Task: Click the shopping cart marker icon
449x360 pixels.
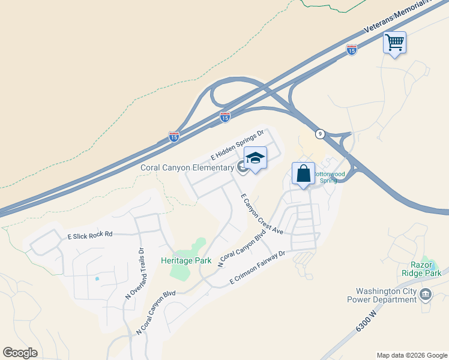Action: coord(394,43)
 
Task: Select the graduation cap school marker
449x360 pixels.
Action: coord(256,158)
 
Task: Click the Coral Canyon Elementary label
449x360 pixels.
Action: coord(187,167)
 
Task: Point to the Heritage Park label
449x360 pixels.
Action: coord(186,260)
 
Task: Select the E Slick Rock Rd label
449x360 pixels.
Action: coord(90,235)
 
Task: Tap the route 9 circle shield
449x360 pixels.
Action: coord(321,134)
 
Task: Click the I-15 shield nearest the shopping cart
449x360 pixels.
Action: coord(352,50)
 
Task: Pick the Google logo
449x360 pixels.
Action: coord(20,352)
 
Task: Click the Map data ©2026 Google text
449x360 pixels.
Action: coord(411,355)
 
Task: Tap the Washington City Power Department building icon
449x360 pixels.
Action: coord(426,293)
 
